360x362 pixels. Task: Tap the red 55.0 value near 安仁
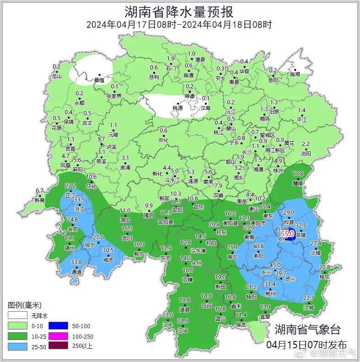(287, 233)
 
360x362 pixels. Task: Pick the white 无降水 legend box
(17, 316)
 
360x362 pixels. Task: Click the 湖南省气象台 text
(307, 329)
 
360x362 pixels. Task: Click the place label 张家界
(114, 96)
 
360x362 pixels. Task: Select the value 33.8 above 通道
(76, 262)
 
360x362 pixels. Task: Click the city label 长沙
(247, 151)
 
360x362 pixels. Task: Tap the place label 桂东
(325, 277)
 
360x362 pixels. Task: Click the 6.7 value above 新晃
(40, 191)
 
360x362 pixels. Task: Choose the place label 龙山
(56, 76)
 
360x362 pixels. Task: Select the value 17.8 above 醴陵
(298, 174)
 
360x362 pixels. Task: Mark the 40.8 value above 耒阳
(258, 246)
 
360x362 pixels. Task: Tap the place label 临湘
(295, 74)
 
